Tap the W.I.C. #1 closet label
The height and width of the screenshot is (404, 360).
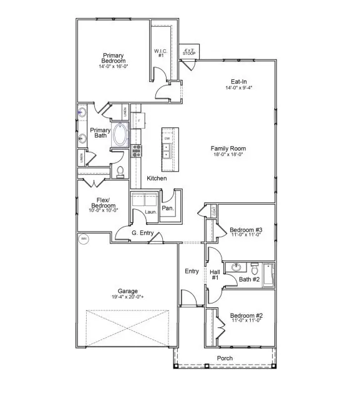tap(160, 54)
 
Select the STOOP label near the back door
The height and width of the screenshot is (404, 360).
tap(189, 52)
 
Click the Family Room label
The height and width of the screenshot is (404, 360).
tap(228, 149)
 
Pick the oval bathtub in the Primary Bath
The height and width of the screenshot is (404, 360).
tap(119, 135)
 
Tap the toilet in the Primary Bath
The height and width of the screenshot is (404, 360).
tap(121, 170)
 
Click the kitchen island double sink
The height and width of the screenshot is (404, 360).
tap(167, 150)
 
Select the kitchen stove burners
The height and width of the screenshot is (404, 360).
tap(137, 150)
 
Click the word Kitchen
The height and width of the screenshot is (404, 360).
tap(157, 179)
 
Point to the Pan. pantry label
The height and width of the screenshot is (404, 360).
tap(167, 209)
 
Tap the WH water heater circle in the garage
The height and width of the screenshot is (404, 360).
tap(83, 239)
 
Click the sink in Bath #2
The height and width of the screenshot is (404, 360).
tap(236, 269)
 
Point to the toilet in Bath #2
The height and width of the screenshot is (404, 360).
tap(254, 269)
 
